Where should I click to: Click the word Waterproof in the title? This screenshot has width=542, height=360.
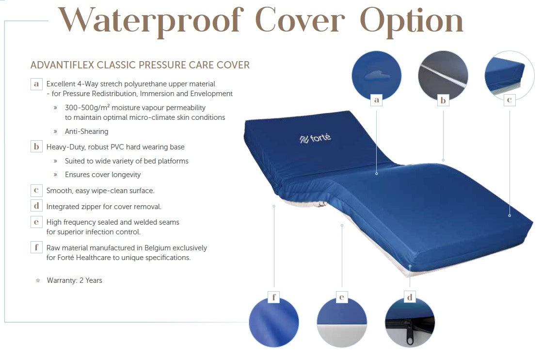151,21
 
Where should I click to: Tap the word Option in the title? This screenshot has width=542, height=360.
411,21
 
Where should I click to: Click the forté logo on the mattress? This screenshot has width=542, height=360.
315,138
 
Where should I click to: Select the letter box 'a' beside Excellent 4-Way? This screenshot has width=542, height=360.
36,83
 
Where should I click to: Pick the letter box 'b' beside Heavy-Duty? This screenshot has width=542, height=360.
36,147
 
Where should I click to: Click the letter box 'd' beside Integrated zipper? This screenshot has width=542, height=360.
36,206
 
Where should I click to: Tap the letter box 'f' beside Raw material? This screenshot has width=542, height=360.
36,247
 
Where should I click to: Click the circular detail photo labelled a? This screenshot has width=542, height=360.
376,75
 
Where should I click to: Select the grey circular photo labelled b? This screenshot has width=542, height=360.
443,75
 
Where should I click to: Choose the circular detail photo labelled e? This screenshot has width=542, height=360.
342,322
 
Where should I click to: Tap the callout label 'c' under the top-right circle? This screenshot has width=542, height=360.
509,100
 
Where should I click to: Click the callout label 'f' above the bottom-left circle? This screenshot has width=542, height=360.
274,297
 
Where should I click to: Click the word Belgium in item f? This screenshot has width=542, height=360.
158,248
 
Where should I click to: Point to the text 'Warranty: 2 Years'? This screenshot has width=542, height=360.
75,280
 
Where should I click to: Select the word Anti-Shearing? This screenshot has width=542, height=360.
86,131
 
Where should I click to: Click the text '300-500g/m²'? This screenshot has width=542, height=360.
87,108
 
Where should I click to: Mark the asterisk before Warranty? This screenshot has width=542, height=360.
38,280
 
